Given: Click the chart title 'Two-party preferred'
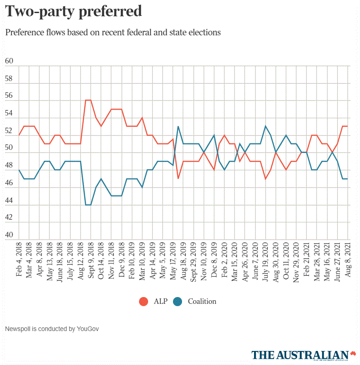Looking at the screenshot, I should point(73,11).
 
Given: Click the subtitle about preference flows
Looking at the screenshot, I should point(113,33).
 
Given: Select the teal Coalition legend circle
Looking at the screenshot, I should point(178,301).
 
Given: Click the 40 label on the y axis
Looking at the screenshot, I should point(9,235).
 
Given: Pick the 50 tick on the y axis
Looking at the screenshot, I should point(9,149).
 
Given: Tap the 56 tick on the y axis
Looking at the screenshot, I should point(9,96).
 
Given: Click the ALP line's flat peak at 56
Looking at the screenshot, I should point(88,100).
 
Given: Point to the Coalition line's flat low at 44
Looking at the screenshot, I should point(88,205).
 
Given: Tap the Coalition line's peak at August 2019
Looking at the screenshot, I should point(178,126).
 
